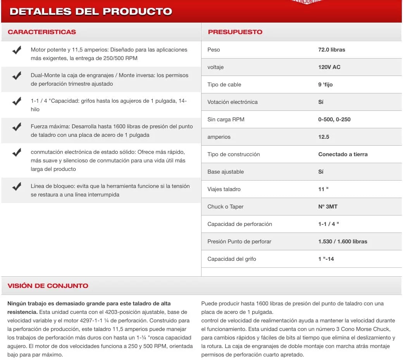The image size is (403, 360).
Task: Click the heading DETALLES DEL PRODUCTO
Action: point(91,11)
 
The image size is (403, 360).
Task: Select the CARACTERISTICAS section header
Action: point(42,32)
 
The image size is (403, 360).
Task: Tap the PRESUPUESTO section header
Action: point(235,32)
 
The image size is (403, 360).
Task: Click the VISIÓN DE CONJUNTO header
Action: point(48,286)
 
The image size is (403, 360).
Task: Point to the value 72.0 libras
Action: point(332,50)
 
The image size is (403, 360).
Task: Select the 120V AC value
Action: point(329,67)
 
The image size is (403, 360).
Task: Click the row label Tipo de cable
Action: point(224,84)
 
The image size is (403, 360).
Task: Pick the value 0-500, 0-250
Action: point(334,119)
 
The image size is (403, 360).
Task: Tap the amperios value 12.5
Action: point(324,137)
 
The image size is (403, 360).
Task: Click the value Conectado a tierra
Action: point(343,154)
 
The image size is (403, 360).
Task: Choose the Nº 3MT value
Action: point(328,207)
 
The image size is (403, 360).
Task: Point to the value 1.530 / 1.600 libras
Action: point(343,241)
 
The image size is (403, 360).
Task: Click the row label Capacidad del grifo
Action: point(232,259)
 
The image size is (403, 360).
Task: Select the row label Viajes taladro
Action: point(224,189)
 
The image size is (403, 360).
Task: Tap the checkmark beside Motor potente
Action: point(17,50)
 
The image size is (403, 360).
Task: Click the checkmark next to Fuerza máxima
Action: point(17,127)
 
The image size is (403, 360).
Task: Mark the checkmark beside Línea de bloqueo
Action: point(17,187)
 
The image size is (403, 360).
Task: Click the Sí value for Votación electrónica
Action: point(321,102)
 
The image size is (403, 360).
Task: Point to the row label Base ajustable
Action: point(226,172)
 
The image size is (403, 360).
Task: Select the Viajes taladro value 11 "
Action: point(324,189)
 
